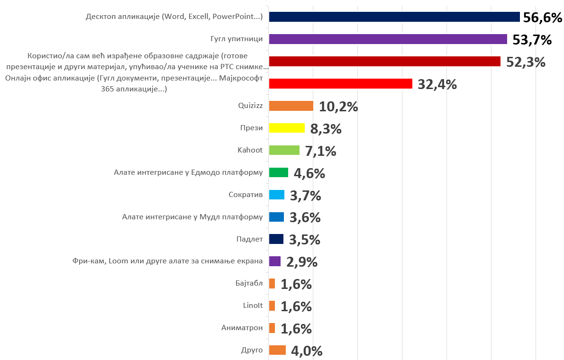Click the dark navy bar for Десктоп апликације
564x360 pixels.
[x=394, y=17]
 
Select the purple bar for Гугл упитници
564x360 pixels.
[x=388, y=39]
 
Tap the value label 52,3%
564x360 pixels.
[x=526, y=62]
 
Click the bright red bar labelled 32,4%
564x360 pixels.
[x=340, y=84]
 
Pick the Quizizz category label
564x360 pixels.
[x=251, y=106]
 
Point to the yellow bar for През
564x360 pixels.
[x=287, y=128]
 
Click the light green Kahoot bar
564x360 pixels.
[x=284, y=150]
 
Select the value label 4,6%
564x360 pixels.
[x=309, y=173]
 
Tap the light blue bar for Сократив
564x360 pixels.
[x=276, y=195]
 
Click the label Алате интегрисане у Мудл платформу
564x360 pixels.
[x=192, y=217]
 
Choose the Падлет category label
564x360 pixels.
[x=249, y=239]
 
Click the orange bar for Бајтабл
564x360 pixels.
[x=272, y=284]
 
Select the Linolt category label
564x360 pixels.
[x=253, y=306]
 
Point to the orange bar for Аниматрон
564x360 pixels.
[x=272, y=328]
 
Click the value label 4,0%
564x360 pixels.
[x=307, y=351]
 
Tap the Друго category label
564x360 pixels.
[x=252, y=350]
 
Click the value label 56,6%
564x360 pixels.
[x=542, y=18]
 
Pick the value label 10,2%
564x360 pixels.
[x=338, y=107]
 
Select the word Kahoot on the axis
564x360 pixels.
[x=250, y=150]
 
